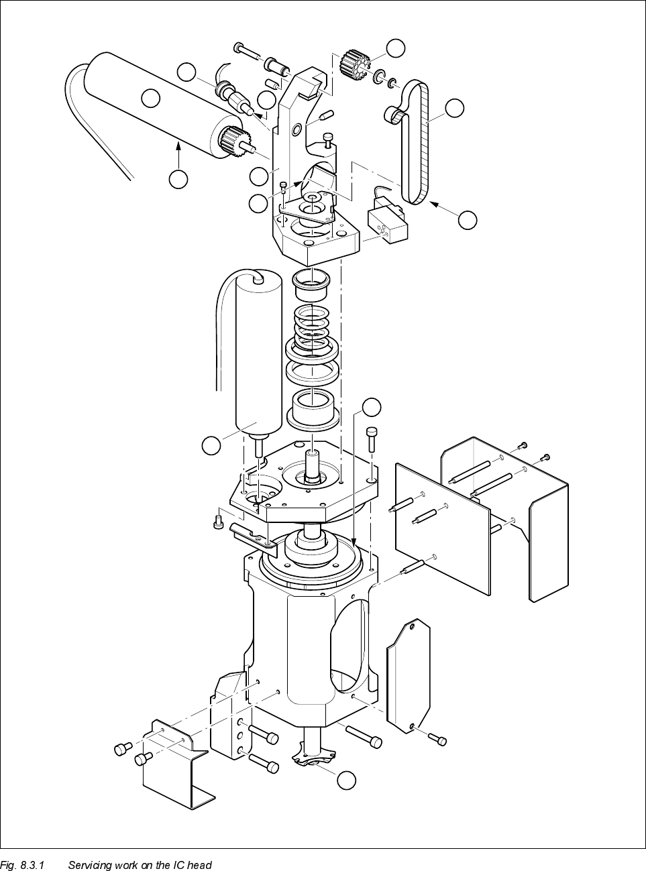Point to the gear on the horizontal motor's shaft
click(230, 141)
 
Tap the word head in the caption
click(199, 865)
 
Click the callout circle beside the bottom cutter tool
click(346, 780)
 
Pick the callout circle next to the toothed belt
click(455, 109)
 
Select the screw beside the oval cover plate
click(437, 739)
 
